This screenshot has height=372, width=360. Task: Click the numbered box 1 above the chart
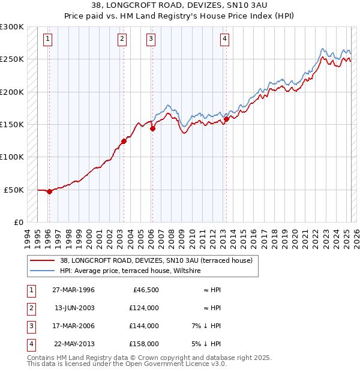[x=47, y=40]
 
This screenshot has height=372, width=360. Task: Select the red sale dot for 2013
[x=226, y=119]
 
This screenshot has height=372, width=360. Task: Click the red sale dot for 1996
[x=49, y=191]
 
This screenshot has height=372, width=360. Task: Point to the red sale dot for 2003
[x=124, y=141]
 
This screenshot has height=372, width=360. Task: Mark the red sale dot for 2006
[x=152, y=128]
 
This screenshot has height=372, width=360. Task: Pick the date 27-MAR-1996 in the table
[x=74, y=290]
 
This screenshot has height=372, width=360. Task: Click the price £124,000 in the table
[x=144, y=308]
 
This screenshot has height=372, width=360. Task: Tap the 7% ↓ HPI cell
[x=206, y=326]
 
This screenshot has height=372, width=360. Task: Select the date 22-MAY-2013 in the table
[x=74, y=344]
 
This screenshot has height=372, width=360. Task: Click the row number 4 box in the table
[x=30, y=344]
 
